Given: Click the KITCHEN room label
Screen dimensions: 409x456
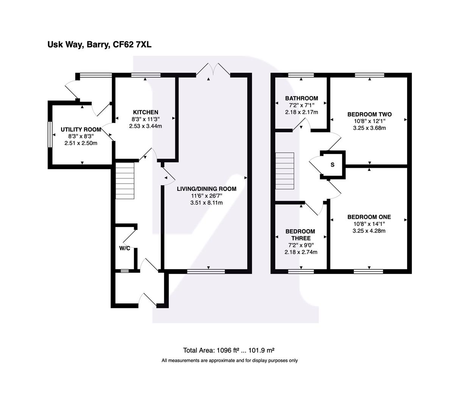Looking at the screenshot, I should click(x=145, y=112).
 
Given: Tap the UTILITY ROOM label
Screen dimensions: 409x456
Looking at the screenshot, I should click(x=81, y=130).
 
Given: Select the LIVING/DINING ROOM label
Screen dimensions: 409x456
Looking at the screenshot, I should click(x=207, y=189).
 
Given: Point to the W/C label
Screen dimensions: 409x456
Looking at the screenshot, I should click(x=125, y=248).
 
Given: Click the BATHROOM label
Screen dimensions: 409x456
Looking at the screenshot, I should click(x=301, y=98).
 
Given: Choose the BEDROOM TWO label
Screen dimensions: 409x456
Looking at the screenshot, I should click(x=369, y=114).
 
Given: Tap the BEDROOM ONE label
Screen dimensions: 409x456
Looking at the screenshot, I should click(x=369, y=217).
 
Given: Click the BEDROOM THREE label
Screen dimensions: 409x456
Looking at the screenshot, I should click(x=300, y=235).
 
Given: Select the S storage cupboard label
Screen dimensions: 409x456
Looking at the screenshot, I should click(x=333, y=165).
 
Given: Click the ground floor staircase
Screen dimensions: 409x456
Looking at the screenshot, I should click(x=125, y=180).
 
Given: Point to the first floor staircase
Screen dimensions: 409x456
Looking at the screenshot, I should click(x=285, y=171).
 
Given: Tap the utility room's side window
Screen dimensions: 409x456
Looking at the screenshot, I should click(x=49, y=134).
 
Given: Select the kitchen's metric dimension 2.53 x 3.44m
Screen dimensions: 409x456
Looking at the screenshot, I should click(x=145, y=126).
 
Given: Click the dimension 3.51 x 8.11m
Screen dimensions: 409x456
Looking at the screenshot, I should click(x=206, y=203).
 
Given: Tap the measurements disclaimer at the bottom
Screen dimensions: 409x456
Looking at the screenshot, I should click(x=230, y=361).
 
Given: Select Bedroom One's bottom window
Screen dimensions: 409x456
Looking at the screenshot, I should click(x=369, y=271).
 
